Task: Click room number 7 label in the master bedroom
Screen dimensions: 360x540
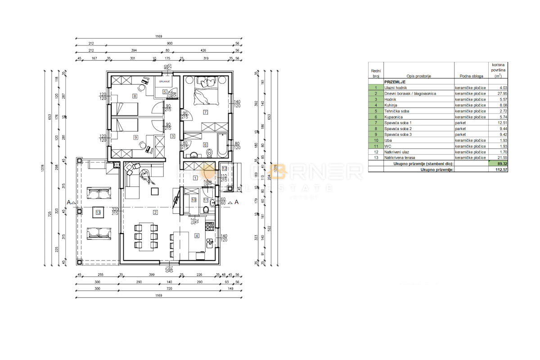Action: [x=206, y=112]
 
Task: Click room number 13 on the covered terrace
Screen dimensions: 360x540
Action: [x=98, y=213]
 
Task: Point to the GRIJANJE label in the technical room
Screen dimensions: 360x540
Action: [x=165, y=81]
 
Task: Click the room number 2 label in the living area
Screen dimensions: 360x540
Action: [x=155, y=212]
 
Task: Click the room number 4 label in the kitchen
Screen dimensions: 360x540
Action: [x=197, y=235]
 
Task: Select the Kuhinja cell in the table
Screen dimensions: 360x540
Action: [x=392, y=104]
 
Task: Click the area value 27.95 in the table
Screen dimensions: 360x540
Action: [x=495, y=93]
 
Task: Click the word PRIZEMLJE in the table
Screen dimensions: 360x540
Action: [x=395, y=82]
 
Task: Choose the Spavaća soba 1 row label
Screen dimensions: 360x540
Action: [x=398, y=122]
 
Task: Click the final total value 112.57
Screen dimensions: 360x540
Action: [x=494, y=170]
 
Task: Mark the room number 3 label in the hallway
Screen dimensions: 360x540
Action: [x=172, y=136]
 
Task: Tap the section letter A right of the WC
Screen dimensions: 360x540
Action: [x=235, y=202]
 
